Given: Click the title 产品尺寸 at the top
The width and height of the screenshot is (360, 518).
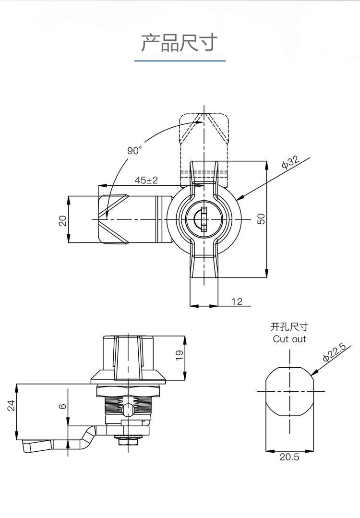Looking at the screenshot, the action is tap(180, 43).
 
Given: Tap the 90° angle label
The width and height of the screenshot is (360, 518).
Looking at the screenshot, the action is tap(134, 150).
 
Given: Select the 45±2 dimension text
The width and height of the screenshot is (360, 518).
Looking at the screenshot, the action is tap(146, 180).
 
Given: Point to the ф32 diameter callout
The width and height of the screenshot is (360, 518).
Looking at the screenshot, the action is tap(290, 161).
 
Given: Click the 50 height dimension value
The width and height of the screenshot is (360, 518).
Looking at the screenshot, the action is tap(261, 219).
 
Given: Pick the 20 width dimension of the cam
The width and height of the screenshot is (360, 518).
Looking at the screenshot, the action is tap(63, 220).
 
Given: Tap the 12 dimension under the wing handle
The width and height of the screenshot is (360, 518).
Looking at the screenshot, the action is tap(237, 301).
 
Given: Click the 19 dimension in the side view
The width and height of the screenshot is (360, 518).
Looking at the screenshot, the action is tap(179, 355).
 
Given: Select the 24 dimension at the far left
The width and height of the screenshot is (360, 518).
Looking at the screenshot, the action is tap(11, 405).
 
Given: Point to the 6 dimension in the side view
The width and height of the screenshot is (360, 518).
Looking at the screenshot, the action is tap(63, 406).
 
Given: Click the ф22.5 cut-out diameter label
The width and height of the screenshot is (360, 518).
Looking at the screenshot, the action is tap(334, 352).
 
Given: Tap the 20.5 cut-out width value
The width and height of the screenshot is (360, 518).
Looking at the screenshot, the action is tap(289, 457).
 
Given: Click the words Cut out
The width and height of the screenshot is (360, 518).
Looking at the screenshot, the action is tap(289, 339).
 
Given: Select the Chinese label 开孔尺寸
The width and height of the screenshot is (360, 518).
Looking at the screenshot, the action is tap(289, 327).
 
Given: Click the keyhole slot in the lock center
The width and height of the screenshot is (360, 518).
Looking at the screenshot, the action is tap(204, 219).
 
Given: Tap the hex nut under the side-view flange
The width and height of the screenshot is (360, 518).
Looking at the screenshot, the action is tap(129, 391).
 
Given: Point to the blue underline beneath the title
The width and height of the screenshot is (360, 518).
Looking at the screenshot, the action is tap(180, 61).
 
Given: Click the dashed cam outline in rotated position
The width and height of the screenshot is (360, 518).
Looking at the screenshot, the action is tap(204, 150).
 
